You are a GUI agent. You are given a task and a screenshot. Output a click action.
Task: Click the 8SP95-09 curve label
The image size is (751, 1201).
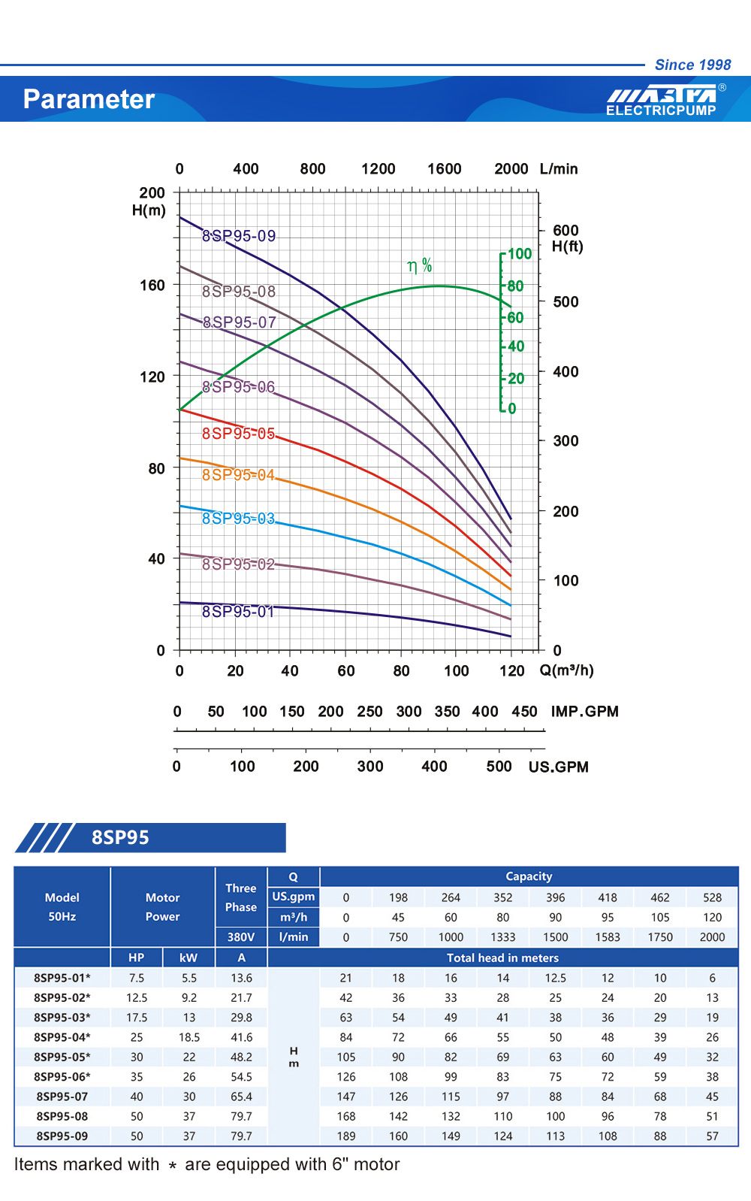239,236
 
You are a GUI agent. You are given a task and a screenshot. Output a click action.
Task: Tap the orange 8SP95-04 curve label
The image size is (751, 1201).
238,475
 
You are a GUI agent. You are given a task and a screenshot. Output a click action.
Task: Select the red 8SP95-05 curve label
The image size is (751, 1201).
238,434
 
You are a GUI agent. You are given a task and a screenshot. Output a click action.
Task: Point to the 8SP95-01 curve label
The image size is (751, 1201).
238,612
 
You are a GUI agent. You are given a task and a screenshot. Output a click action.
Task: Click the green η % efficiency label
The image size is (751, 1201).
420,265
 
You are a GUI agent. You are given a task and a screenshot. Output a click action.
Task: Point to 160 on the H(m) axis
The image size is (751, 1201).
152,286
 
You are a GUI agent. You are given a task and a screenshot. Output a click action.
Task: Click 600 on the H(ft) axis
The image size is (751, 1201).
566,231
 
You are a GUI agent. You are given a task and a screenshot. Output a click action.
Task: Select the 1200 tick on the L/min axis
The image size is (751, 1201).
378,169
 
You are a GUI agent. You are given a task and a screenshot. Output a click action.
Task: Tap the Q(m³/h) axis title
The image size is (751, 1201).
566,670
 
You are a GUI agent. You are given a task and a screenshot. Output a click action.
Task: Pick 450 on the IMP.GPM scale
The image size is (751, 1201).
524,712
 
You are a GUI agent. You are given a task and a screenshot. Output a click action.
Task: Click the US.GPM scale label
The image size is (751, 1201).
558,767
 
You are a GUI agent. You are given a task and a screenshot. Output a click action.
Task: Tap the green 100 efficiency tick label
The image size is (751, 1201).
520,254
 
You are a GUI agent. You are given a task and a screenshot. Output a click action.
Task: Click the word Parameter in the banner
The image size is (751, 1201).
89,99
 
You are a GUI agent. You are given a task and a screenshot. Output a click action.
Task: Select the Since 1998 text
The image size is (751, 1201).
692,65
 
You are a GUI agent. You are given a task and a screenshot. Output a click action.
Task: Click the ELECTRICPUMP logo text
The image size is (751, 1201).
661,110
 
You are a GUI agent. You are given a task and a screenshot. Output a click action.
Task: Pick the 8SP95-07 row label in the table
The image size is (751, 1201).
62,1097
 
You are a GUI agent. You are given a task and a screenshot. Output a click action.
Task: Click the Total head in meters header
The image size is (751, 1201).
502,957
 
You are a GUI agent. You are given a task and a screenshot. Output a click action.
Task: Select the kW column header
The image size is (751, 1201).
189,957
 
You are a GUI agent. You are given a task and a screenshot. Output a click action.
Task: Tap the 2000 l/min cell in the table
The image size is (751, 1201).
712,937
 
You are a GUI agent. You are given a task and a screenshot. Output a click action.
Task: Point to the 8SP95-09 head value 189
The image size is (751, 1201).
346,1136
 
